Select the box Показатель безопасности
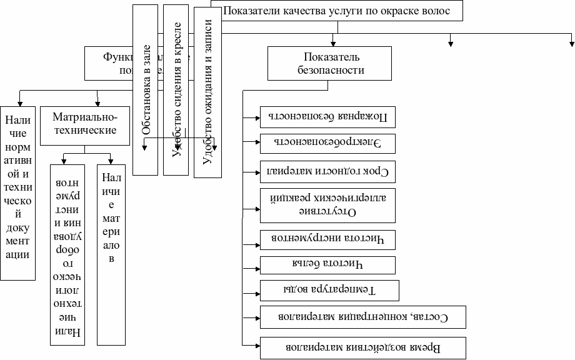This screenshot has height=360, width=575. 330,63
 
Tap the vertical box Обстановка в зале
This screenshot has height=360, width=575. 146,91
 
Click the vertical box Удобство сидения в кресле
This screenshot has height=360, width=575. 176,91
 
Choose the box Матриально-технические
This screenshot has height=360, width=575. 85,124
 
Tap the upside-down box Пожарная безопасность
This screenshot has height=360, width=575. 327,117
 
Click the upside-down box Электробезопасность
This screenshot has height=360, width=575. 327,142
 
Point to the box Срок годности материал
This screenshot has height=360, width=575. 327,170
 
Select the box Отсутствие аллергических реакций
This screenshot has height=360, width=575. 327,204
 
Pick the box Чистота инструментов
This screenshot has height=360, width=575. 327,237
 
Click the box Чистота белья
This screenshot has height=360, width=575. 327,264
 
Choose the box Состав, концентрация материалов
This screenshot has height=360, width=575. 362,317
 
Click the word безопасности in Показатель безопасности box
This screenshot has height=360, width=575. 330,71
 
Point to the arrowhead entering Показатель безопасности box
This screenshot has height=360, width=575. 334,43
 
